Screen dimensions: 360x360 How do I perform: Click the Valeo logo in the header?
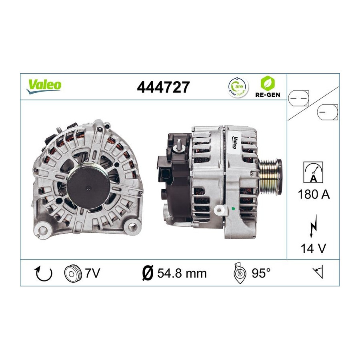tap(44, 86)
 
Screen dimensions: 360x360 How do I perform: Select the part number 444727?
tap(163, 87)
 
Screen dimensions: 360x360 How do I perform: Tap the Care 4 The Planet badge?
tap(238, 88)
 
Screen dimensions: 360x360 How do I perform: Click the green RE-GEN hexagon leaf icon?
tap(268, 83)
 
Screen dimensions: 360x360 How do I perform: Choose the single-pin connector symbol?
tap(327, 112)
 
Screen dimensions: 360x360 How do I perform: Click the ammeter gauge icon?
tap(313, 172)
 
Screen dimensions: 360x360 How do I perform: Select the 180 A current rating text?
tap(314, 194)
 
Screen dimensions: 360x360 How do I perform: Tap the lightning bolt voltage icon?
tap(313, 226)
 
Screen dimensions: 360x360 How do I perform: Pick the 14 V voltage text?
tap(313, 248)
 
